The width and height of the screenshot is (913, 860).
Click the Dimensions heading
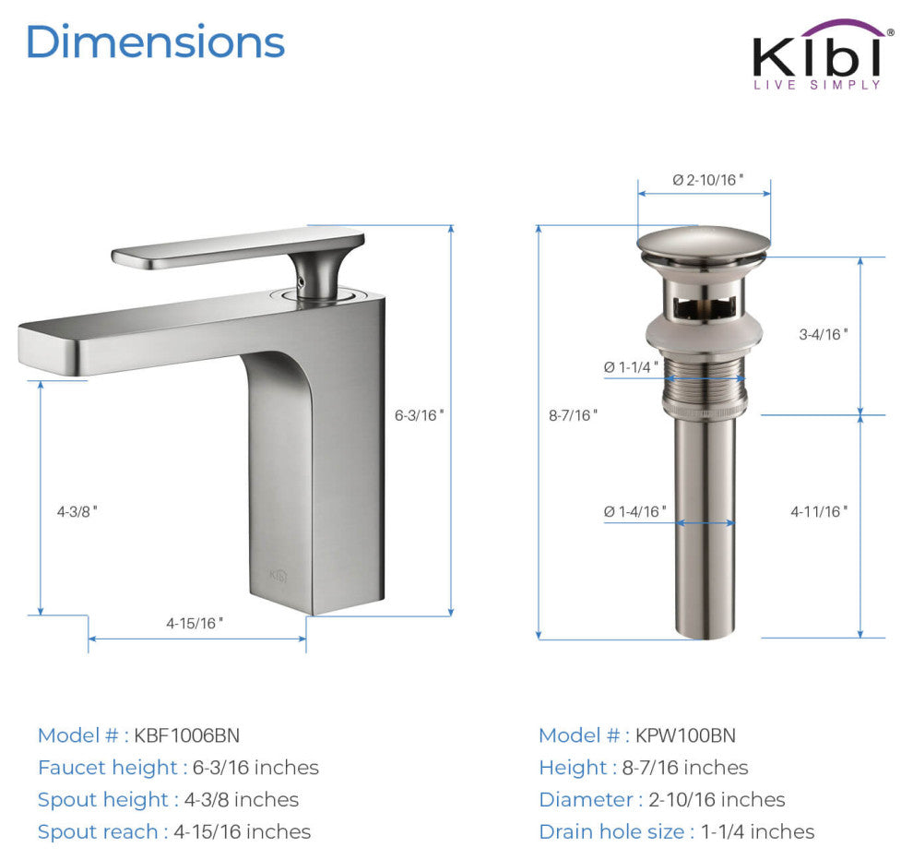coord(156,42)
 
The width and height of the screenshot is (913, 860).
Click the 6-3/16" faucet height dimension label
coord(420,415)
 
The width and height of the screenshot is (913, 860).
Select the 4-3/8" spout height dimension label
coord(77,511)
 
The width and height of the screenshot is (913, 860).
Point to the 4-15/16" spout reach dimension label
coord(195,624)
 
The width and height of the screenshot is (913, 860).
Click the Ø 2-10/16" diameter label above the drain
coord(708,180)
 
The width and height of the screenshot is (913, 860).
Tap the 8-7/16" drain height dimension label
coord(573,415)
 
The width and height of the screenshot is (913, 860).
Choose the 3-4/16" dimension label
coord(824,334)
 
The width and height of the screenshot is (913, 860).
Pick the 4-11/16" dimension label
coord(819,511)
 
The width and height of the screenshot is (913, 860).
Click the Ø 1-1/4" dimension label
coord(631,367)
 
